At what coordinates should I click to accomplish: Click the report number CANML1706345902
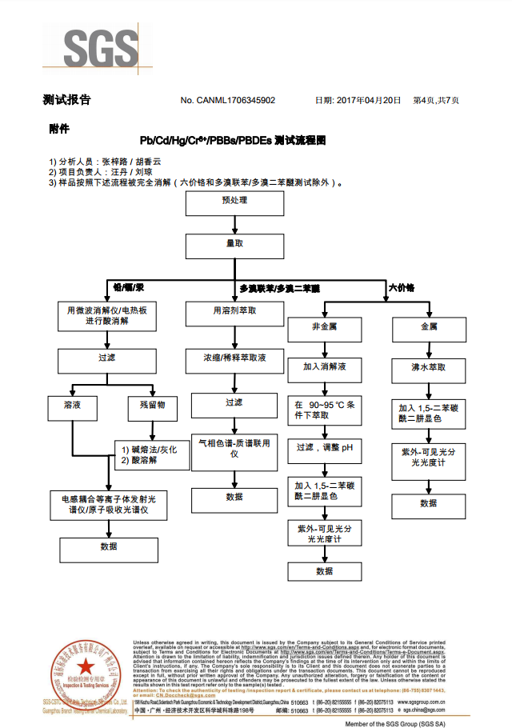pos(239,101)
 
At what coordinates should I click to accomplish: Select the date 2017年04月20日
pos(358,101)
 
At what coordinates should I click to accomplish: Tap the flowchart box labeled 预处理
pos(235,203)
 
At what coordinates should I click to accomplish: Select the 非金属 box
pos(325,327)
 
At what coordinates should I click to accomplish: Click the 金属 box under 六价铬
pos(429,327)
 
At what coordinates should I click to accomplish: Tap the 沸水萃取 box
pos(429,368)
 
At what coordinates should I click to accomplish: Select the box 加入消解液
pos(325,368)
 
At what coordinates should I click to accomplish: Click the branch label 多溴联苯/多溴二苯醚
pos(280,287)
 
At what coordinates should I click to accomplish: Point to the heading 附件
pos(59,128)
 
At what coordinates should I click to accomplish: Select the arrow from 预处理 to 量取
pos(235,224)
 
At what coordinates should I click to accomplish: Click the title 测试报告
pos(66,101)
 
